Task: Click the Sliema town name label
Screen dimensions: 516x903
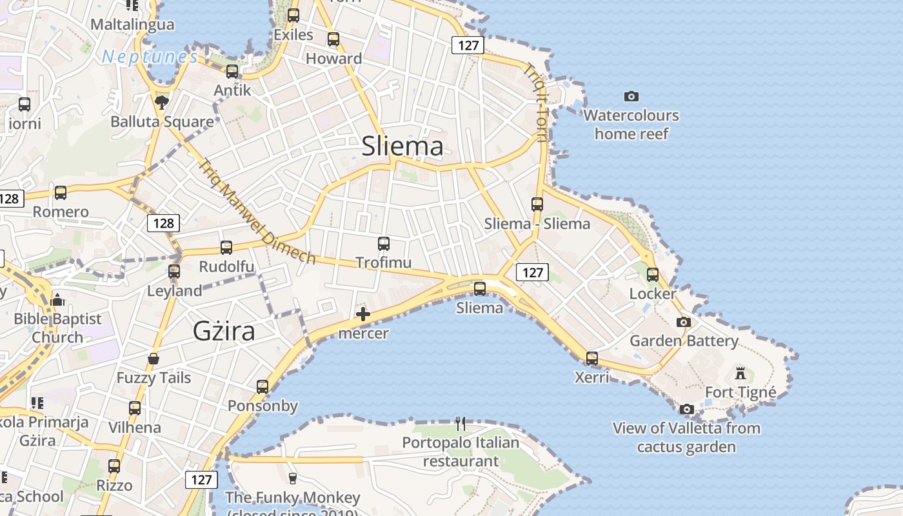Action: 402,146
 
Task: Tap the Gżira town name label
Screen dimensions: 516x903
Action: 224,331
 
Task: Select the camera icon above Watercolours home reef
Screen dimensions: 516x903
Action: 631,96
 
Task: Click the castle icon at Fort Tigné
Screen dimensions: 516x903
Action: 740,373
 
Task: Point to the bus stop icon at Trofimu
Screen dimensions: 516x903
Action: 384,244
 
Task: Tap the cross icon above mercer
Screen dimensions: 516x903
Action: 363,314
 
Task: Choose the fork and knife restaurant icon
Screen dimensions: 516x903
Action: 461,423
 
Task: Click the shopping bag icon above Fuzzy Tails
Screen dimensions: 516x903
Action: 154,359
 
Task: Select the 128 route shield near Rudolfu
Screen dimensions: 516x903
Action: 163,223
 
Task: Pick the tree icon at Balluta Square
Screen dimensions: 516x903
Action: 162,102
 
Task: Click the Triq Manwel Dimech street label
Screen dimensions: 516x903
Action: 257,211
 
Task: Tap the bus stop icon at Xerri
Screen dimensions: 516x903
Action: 592,358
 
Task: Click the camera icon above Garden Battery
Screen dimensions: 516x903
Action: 684,322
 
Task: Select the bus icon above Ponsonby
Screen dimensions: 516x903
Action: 263,387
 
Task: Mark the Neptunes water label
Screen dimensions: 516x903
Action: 150,57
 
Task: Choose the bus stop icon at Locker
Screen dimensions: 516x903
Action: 653,275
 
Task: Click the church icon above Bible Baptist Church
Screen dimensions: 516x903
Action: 57,300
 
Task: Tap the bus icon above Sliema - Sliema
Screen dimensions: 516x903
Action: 537,204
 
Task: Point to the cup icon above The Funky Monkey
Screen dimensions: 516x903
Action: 292,478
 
